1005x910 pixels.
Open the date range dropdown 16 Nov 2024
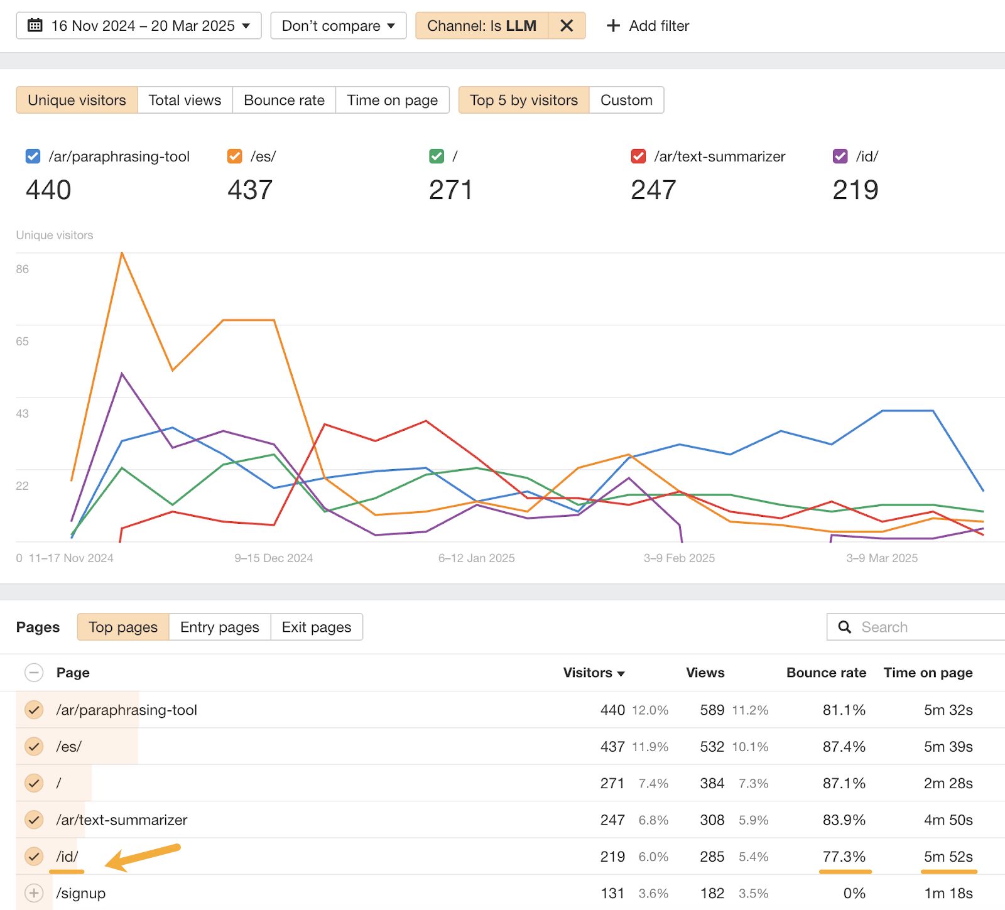coord(138,26)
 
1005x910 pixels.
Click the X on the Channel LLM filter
coord(567,26)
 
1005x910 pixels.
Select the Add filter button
coord(648,26)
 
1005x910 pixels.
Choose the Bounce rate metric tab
coord(284,100)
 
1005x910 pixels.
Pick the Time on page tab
coord(392,100)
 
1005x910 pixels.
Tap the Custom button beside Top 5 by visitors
coord(626,100)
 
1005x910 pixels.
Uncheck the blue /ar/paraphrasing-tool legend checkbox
coord(33,156)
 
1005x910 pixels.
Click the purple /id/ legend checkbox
coord(840,156)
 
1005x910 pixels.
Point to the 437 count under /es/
coord(250,190)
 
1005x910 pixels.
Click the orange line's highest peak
coord(122,253)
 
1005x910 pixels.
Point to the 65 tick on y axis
coord(23,342)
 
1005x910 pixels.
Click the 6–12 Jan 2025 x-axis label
coord(476,558)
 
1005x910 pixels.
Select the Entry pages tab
coord(219,627)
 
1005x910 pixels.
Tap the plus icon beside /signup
coord(34,893)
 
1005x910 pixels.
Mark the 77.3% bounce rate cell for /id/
coord(844,857)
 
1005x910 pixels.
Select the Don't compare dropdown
coord(338,26)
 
